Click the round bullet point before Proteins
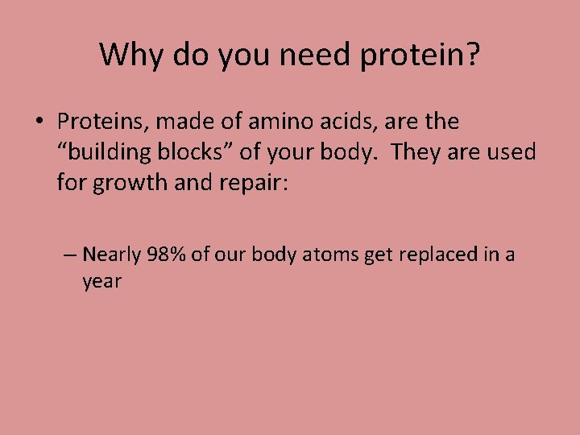click(39, 122)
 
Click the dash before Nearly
click(69, 255)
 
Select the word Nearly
click(112, 255)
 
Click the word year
click(101, 282)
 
